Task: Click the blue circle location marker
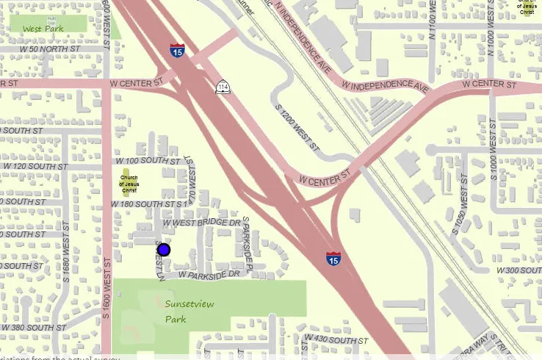(x=164, y=250)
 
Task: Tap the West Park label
(x=43, y=29)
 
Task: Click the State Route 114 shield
(x=222, y=88)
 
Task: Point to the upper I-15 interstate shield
(x=177, y=51)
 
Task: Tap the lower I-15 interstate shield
(x=333, y=258)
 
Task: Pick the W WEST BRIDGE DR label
(x=201, y=222)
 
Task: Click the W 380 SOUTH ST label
(x=35, y=327)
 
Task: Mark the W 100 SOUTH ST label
(x=145, y=160)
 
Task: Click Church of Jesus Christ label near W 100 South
(x=129, y=184)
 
